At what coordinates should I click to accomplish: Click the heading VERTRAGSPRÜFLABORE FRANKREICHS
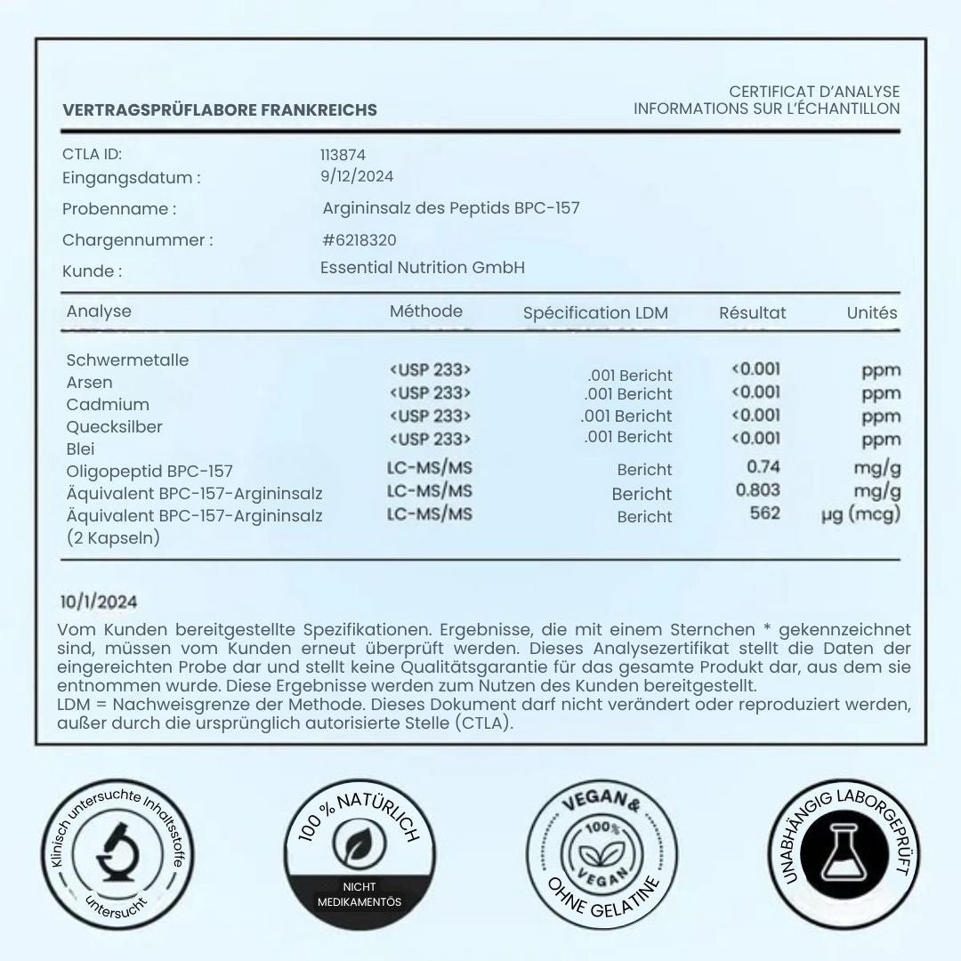tap(220, 110)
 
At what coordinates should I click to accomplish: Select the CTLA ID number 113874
tap(343, 155)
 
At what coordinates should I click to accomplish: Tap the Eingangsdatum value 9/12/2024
tap(357, 176)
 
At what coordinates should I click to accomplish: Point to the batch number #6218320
tap(359, 240)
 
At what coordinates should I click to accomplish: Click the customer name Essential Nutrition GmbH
tap(423, 268)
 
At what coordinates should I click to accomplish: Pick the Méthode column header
tap(426, 311)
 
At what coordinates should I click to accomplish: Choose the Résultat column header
tap(752, 312)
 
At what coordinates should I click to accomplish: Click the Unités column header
tap(872, 312)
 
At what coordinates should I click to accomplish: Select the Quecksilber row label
tap(115, 427)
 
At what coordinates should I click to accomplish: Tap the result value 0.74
tap(763, 466)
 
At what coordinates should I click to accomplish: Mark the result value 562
tap(764, 513)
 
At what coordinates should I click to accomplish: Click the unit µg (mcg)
tap(860, 514)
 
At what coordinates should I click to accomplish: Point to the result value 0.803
tap(758, 489)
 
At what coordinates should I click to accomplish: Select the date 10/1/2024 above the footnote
tap(100, 603)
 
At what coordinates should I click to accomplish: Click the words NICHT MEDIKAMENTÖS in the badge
tap(359, 894)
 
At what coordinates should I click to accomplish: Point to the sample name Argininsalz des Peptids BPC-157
tap(451, 209)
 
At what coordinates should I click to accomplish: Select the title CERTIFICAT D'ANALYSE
tap(814, 92)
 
